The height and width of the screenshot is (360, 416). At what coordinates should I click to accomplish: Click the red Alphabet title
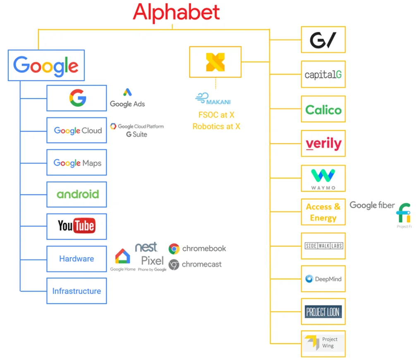176,12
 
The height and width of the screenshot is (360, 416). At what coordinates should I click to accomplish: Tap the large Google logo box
46,65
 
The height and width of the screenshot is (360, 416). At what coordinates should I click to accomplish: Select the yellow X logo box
215,62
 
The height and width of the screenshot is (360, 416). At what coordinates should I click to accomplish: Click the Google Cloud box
77,130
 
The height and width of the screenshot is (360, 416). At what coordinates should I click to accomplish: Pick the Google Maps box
77,163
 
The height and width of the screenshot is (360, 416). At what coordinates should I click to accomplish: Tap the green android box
77,194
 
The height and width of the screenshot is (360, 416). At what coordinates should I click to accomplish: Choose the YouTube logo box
77,226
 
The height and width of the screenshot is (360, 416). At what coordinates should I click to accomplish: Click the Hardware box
77,259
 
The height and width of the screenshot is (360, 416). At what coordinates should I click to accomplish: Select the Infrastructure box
77,291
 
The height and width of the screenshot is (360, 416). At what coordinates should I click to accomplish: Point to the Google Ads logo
127,98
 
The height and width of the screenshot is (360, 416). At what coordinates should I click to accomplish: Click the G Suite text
137,134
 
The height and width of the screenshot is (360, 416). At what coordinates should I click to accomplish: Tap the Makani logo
213,99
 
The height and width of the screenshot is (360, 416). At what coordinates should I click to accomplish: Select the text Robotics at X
216,127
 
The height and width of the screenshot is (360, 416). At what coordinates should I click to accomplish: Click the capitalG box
323,74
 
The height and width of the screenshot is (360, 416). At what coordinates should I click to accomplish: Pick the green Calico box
323,110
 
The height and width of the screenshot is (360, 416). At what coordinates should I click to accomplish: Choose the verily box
323,144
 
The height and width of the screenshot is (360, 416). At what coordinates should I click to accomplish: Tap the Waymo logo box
323,178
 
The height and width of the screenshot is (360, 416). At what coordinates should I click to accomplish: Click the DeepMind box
323,279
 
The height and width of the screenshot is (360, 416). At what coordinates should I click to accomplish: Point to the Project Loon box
323,312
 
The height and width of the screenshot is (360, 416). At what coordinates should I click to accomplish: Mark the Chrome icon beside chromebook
174,249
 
